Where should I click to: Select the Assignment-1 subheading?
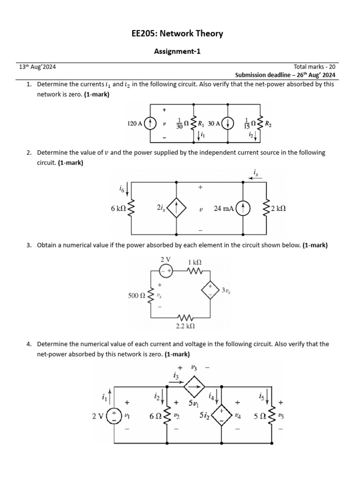click(177, 52)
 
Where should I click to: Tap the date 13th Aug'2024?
click(37, 67)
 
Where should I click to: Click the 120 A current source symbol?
click(150, 124)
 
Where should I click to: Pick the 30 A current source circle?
click(228, 124)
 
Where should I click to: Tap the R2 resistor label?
click(268, 124)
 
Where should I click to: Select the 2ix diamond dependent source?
click(177, 208)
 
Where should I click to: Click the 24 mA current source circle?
click(244, 208)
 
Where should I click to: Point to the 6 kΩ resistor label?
click(118, 209)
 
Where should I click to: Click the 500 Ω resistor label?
click(136, 295)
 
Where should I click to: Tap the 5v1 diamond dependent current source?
click(194, 387)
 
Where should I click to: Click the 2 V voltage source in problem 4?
click(113, 416)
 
